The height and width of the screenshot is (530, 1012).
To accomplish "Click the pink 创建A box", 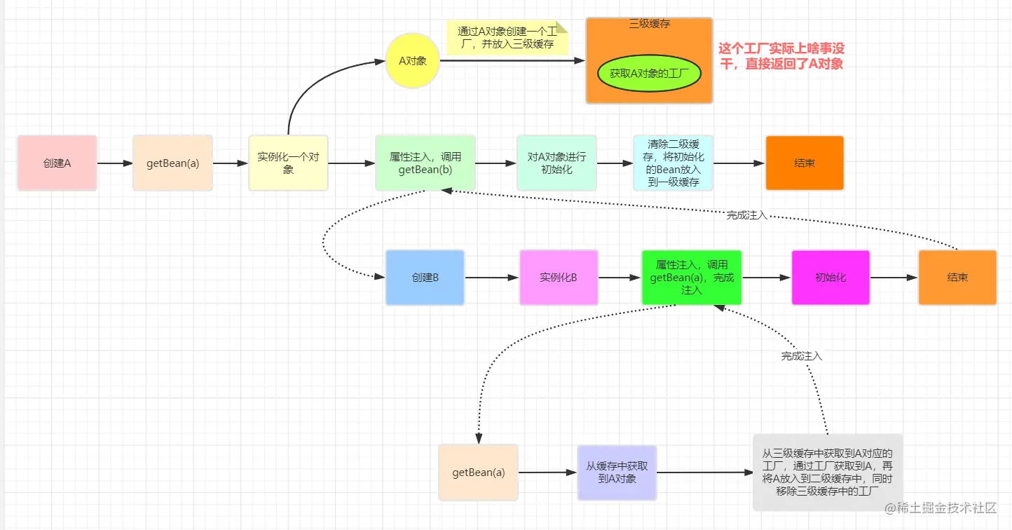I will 57,163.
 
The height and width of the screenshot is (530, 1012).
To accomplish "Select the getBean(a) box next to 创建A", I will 172,163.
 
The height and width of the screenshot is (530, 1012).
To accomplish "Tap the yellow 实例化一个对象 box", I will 288,163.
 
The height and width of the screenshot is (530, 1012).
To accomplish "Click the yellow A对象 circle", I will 412,61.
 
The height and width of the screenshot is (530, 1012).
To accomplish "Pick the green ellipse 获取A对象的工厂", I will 649,73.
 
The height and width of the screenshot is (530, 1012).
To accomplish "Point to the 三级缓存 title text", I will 649,24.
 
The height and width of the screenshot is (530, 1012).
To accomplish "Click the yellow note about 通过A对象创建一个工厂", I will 506,38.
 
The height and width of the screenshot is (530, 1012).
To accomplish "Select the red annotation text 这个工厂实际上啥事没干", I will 781,56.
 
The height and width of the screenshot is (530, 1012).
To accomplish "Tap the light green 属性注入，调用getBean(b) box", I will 425,163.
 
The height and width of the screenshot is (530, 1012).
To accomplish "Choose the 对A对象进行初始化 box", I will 556,163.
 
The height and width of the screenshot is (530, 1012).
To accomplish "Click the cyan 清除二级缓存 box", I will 673,163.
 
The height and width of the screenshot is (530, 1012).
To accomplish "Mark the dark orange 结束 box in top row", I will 805,163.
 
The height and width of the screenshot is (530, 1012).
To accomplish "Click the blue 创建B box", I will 425,278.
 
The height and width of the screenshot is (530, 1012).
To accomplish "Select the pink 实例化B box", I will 559,278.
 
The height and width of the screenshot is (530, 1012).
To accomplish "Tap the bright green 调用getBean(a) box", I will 691,278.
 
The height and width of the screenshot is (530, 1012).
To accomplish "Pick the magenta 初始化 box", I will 830,278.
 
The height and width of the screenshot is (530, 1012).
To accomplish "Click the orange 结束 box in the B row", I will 957,278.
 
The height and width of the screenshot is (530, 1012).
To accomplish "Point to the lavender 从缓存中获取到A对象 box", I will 617,473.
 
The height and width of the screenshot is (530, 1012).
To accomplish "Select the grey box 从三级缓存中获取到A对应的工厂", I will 827,473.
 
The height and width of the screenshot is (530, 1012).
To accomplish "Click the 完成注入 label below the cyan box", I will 747,216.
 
